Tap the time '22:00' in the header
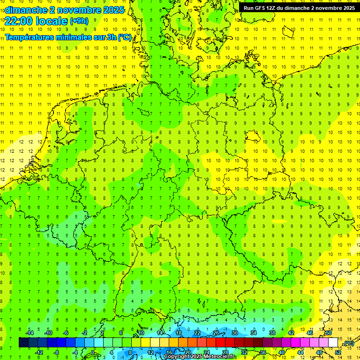pos(19,21)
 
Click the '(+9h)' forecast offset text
pos(78,21)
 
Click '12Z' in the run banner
pos(272,8)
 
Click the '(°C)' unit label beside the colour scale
pos(349,343)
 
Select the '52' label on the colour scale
pos(338,352)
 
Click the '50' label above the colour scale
pos(329,333)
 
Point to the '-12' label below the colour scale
pos(39,352)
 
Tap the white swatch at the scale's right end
pos(333,343)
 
